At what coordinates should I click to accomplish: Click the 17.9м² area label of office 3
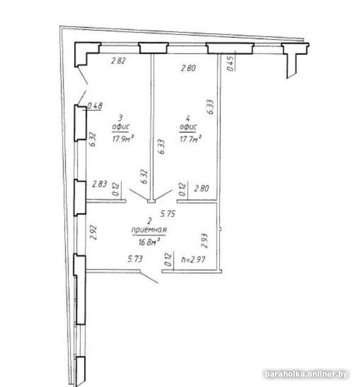click(123, 139)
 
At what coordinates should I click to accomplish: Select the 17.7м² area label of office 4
click(190, 139)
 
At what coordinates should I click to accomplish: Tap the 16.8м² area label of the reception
click(149, 242)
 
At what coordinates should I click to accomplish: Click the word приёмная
click(149, 230)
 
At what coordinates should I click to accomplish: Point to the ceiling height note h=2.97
click(193, 259)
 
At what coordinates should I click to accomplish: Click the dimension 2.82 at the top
click(118, 60)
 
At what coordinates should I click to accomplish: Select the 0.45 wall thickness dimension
click(230, 63)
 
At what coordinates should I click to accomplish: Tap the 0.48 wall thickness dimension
click(95, 106)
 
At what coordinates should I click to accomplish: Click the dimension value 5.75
click(168, 213)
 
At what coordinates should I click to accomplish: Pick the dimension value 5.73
click(135, 259)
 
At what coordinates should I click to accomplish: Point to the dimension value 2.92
click(93, 232)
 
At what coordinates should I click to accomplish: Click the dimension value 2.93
click(205, 241)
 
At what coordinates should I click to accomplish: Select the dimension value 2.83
click(99, 184)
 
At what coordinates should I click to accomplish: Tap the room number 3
click(121, 117)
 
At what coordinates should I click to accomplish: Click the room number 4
click(188, 118)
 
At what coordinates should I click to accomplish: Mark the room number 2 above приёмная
click(149, 220)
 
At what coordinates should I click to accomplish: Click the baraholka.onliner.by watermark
click(306, 374)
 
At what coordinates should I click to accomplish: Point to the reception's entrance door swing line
click(149, 278)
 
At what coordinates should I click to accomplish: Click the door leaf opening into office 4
click(163, 194)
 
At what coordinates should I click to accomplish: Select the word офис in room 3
click(121, 127)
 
